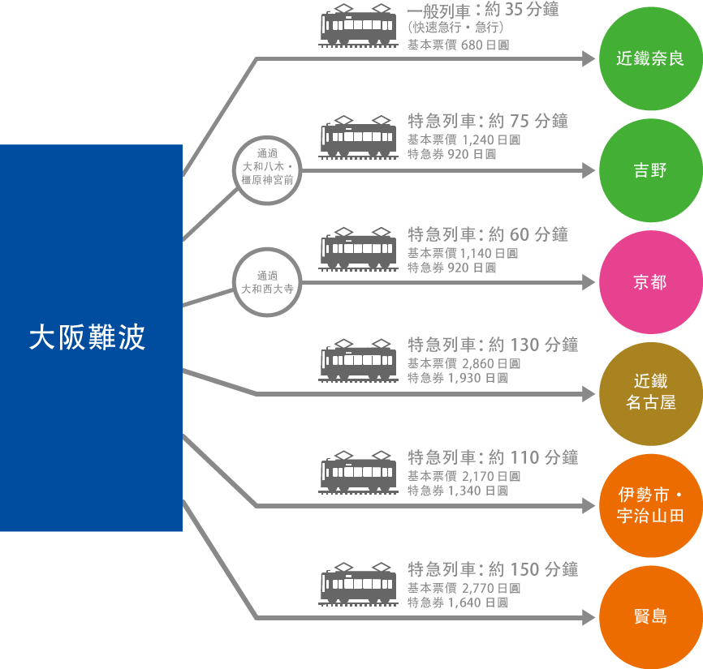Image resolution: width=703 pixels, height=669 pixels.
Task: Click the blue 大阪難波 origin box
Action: coord(91,337)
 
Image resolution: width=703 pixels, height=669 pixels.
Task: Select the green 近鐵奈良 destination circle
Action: coord(650,59)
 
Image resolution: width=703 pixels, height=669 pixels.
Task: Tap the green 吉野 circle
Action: coord(650,170)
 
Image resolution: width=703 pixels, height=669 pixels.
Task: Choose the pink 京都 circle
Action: coord(650,282)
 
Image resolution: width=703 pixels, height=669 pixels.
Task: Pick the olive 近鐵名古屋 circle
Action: coord(650,392)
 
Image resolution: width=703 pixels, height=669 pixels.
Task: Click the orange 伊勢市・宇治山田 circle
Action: coord(650,505)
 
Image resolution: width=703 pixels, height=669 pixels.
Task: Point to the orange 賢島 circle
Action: coord(650,616)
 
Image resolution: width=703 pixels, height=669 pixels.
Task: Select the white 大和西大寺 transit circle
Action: coord(267,281)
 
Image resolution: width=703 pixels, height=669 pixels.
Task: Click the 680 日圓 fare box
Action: coord(485,45)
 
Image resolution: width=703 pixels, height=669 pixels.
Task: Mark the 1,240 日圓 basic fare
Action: coord(490,140)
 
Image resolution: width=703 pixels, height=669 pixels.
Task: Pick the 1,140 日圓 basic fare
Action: coord(490,253)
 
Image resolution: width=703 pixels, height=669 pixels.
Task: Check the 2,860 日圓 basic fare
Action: coord(490,364)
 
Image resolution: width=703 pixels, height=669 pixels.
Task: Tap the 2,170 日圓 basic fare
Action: coord(490,476)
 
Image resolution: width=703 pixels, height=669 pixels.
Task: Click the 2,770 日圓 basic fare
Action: coord(490,588)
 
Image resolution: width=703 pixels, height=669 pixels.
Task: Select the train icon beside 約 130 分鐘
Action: coord(358,359)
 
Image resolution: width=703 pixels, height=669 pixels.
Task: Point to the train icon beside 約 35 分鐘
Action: coord(358,27)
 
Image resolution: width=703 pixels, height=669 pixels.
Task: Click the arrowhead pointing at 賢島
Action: coord(589,618)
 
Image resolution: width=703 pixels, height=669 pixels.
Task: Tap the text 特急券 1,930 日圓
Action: coord(457,379)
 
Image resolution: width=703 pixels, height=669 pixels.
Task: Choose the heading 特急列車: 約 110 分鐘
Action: coord(492,457)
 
